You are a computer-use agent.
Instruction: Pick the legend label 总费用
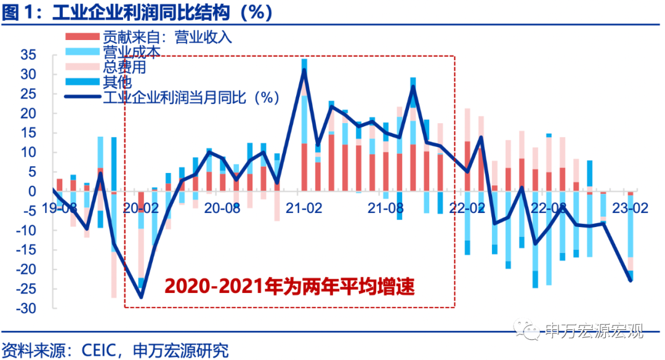pyautogui.click(x=124, y=67)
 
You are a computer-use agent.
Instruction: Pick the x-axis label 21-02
pyautogui.click(x=304, y=208)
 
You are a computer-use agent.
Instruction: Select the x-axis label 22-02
pyautogui.click(x=467, y=208)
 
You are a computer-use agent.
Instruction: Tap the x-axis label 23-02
pyautogui.click(x=629, y=208)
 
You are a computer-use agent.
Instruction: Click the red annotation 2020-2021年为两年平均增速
pyautogui.click(x=289, y=287)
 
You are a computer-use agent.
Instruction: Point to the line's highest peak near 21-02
pyautogui.click(x=304, y=71)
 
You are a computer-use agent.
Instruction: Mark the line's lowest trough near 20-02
pyautogui.click(x=141, y=297)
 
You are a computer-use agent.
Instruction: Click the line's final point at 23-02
pyautogui.click(x=631, y=281)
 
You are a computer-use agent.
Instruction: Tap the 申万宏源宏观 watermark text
pyautogui.click(x=594, y=332)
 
